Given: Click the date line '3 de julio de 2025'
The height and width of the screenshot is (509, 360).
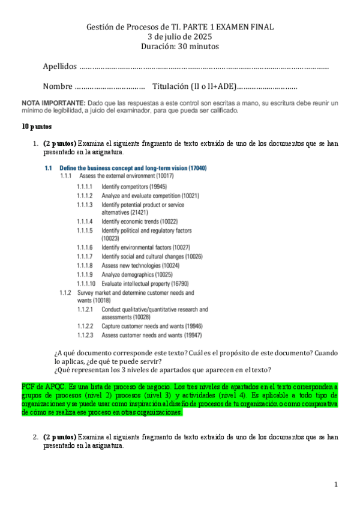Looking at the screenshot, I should point(180,37).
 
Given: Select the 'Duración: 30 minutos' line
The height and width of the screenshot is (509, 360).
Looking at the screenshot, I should point(180,46).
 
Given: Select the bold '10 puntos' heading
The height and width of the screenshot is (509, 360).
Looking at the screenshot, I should point(37,127).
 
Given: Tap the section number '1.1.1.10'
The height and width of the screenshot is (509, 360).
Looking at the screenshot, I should point(87,283).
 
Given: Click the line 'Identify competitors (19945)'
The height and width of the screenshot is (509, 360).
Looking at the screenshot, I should point(134,187).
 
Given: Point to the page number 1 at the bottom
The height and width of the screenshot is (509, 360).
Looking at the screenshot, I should point(337,484).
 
